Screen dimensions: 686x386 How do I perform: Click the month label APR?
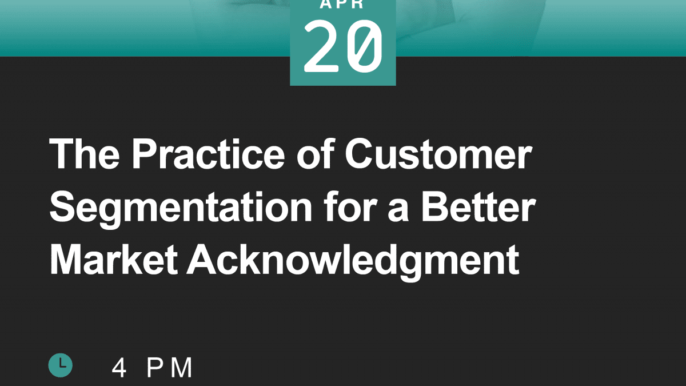coord(342,4)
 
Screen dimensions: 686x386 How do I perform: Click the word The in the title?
coord(84,154)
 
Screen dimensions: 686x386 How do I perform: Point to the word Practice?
coord(208,154)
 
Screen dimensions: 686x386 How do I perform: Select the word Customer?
coord(438,154)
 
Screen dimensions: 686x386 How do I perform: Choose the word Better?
coord(478,206)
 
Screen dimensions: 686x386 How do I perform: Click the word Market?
coord(113,260)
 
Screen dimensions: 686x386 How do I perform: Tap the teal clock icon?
coord(61,365)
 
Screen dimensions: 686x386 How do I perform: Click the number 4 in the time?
coord(119,368)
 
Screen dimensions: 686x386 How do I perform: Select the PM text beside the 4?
coord(169,368)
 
